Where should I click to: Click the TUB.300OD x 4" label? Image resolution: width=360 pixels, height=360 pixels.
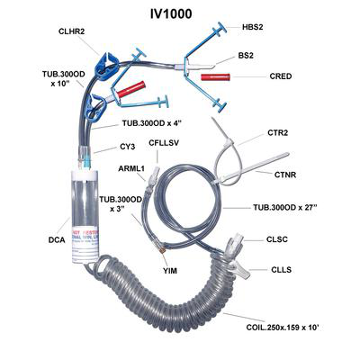point(157,121)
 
